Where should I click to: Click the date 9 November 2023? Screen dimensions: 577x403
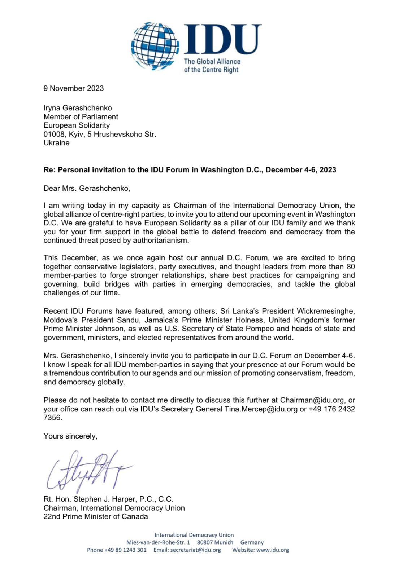pyautogui.click(x=74, y=88)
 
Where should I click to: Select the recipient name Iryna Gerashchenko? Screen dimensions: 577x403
pyautogui.click(x=78, y=108)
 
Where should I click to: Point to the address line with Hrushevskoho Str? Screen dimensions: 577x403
pyautogui.click(x=100, y=134)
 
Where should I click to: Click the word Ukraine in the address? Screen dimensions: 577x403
pyautogui.click(x=56, y=143)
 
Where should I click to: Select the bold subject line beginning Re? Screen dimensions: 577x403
pyautogui.click(x=190, y=170)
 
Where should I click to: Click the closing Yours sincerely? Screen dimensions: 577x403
pyautogui.click(x=70, y=436)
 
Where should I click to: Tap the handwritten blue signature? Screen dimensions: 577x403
pyautogui.click(x=88, y=471)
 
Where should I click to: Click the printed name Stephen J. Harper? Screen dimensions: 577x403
pyautogui.click(x=105, y=499)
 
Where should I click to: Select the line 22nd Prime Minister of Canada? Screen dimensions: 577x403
pyautogui.click(x=96, y=516)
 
